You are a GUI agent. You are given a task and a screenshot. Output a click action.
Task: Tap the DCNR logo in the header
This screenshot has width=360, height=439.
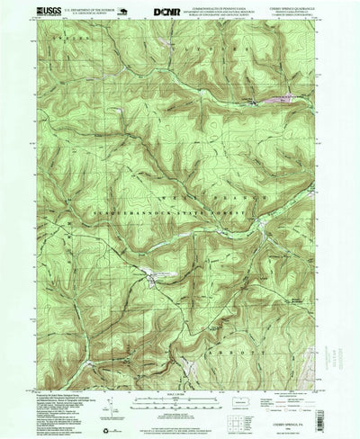click(166, 12)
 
